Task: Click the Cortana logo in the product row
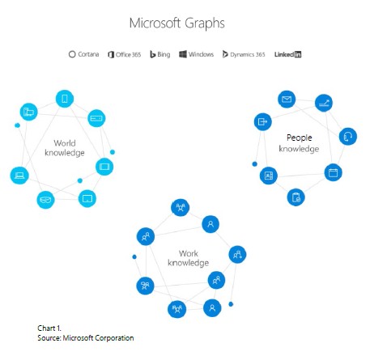83,54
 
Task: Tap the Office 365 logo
125,54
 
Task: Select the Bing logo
160,54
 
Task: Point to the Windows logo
196,54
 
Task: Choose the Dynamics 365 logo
244,54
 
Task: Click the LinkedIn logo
287,54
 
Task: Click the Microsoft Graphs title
177,23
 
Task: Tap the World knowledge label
65,148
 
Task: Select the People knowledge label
299,143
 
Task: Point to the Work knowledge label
189,258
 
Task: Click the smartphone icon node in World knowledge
65,99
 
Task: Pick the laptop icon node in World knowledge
19,176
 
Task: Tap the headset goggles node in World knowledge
45,200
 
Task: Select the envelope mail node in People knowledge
287,100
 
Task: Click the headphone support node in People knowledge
348,137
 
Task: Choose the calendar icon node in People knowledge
333,172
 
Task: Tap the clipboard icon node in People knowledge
296,197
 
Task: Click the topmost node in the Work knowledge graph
181,207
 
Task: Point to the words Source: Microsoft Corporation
86,338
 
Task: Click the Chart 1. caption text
49,328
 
